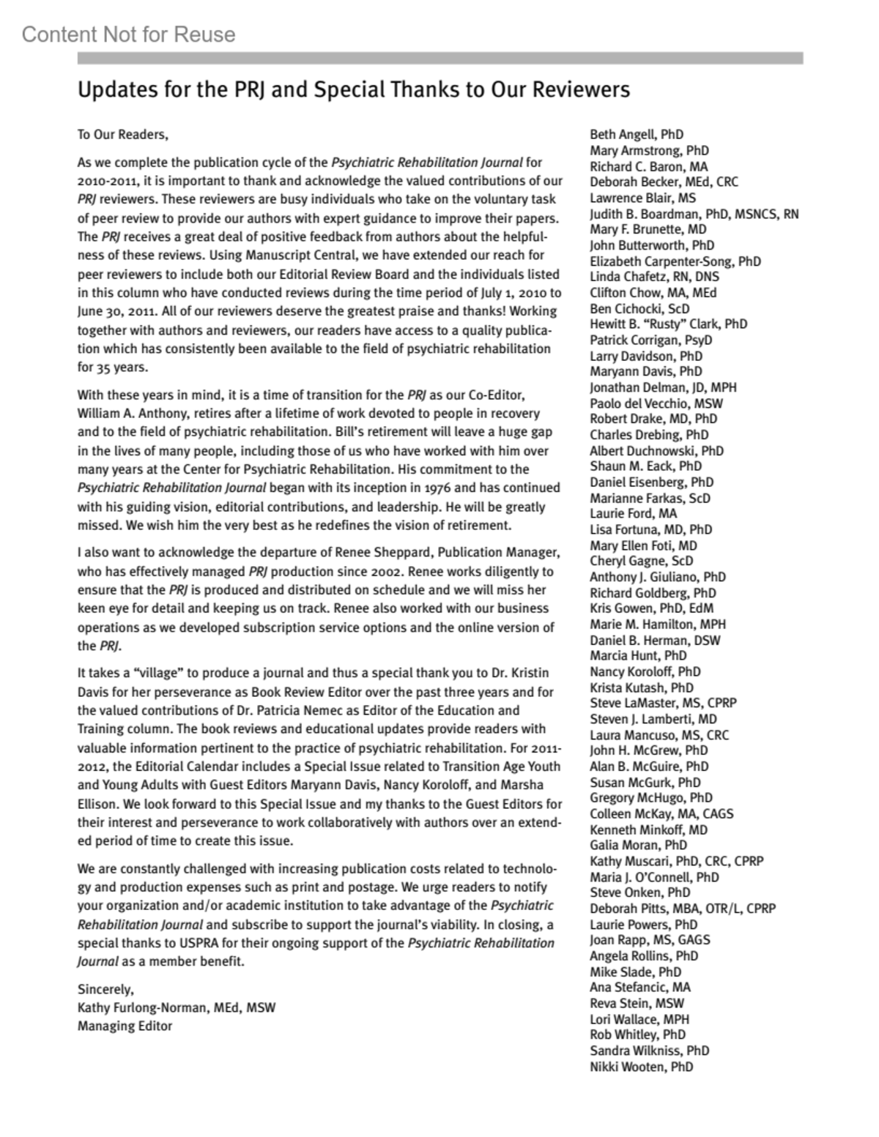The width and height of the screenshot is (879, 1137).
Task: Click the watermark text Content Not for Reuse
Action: [129, 34]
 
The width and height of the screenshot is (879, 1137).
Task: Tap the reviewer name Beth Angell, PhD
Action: [637, 135]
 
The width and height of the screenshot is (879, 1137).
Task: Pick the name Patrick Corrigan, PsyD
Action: [651, 340]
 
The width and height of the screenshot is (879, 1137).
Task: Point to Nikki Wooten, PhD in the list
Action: [642, 1067]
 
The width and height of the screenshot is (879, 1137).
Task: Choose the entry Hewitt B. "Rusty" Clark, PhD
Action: [669, 324]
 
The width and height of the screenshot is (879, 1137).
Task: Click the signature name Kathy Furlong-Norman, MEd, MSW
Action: [177, 1007]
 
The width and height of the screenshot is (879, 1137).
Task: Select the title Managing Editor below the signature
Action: [125, 1026]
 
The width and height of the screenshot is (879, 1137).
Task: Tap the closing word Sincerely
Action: [105, 989]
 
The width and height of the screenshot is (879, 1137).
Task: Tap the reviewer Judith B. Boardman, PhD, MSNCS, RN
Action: [694, 214]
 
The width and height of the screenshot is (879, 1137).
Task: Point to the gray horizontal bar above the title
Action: [440, 58]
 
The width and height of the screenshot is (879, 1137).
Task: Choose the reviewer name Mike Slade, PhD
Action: [636, 972]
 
